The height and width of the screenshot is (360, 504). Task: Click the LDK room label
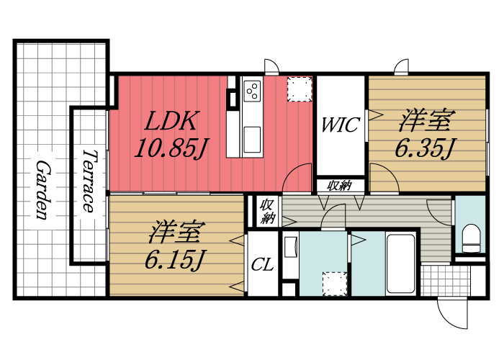(x=171, y=121)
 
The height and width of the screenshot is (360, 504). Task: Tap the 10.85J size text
(x=171, y=148)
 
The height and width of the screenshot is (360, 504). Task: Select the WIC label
(x=340, y=125)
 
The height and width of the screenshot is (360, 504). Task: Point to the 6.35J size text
(x=426, y=148)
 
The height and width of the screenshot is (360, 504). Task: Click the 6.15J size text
(x=175, y=259)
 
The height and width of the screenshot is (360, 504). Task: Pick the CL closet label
(x=262, y=265)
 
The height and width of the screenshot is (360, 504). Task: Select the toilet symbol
(x=471, y=238)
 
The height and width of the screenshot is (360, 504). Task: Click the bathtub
(x=400, y=264)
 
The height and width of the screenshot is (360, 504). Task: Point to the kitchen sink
(x=252, y=140)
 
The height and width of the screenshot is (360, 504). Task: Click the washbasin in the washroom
(x=292, y=247)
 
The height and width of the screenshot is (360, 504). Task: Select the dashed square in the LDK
(x=300, y=89)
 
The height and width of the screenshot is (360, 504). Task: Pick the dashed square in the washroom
(x=335, y=284)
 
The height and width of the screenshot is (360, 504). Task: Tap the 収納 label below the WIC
(x=340, y=186)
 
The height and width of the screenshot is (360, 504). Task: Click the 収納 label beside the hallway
(x=267, y=211)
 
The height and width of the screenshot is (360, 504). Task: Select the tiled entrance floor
(x=446, y=280)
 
